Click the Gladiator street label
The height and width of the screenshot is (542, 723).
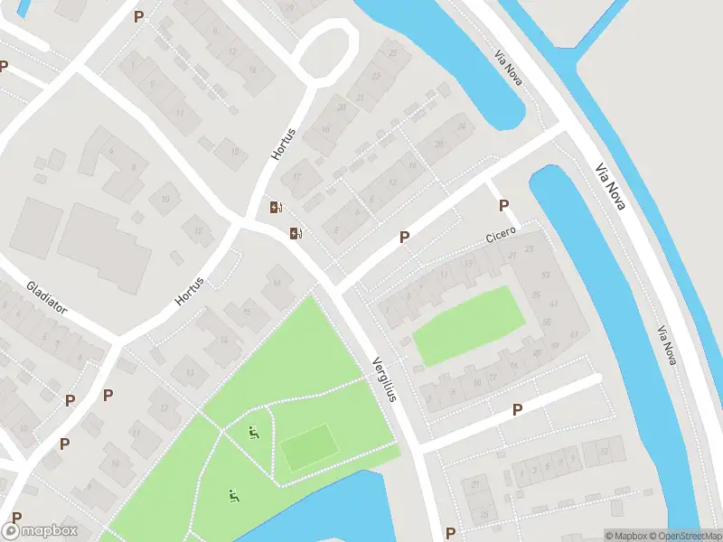tap(47, 298)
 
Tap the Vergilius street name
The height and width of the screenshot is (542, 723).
tap(385, 392)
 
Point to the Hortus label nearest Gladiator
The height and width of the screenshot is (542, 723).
tap(190, 290)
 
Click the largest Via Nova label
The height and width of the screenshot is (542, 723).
tap(612, 187)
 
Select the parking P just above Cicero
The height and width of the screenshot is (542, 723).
tap(503, 206)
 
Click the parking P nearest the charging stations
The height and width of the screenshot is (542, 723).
tap(405, 237)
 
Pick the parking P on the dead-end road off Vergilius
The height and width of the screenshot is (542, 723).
tap(517, 410)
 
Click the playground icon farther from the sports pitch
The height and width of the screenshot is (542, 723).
tap(234, 495)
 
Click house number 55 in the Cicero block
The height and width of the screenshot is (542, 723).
tap(547, 322)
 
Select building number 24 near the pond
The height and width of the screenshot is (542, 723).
tap(462, 126)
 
